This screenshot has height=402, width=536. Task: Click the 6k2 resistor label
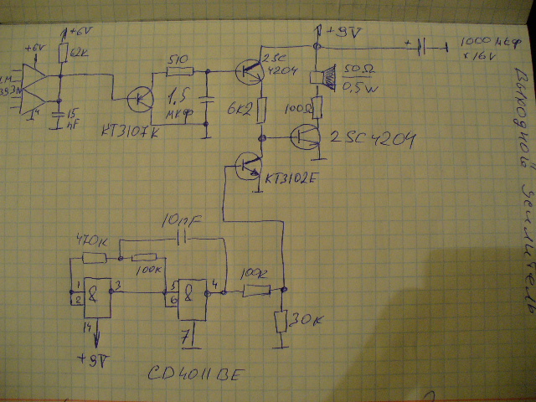click(237, 109)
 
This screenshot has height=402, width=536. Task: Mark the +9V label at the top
click(343, 33)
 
